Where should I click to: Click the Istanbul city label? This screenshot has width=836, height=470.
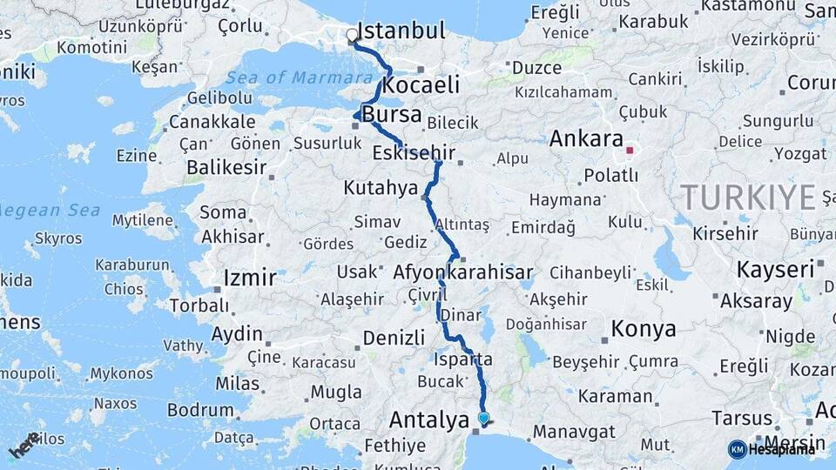click(401, 32)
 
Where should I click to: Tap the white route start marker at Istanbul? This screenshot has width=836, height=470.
click(352, 36)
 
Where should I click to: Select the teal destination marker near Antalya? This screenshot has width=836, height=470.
click(483, 418)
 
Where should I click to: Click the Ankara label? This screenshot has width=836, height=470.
click(587, 139)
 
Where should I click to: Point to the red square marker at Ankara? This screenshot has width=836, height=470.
click(629, 150)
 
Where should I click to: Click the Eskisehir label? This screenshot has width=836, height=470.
click(414, 153)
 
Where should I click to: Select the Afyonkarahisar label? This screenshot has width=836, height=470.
click(462, 273)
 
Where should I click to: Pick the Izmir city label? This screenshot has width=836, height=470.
click(250, 279)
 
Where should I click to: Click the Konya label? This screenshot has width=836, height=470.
click(644, 329)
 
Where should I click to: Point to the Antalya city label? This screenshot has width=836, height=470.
click(429, 420)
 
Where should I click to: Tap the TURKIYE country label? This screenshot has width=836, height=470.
click(748, 198)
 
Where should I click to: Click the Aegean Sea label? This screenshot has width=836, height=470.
click(51, 211)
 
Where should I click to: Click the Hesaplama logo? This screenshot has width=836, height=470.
click(772, 449)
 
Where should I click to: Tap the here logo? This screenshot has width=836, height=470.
click(24, 445)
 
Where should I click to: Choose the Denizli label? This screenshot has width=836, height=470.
click(393, 338)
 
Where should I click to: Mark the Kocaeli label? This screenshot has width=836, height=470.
click(421, 85)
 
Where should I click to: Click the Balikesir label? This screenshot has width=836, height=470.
click(226, 168)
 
